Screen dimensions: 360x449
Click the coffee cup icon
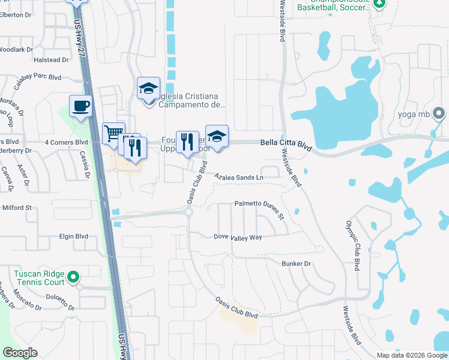pyautogui.click(x=80, y=106)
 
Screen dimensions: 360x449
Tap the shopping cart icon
pyautogui.click(x=113, y=133)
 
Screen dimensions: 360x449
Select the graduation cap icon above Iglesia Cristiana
pyautogui.click(x=148, y=88)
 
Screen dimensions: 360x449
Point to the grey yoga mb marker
pyautogui.click(x=439, y=113)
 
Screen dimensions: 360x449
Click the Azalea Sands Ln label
pyautogui.click(x=240, y=178)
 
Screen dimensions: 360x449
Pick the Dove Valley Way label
pyautogui.click(x=238, y=237)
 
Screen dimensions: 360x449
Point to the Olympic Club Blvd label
pyautogui.click(x=352, y=245)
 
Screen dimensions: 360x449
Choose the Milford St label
pyautogui.click(x=17, y=208)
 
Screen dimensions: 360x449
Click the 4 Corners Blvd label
pyautogui.click(x=66, y=142)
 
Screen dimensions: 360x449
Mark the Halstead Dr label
pyautogui.click(x=52, y=60)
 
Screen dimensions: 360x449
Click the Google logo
pyautogui.click(x=20, y=353)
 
